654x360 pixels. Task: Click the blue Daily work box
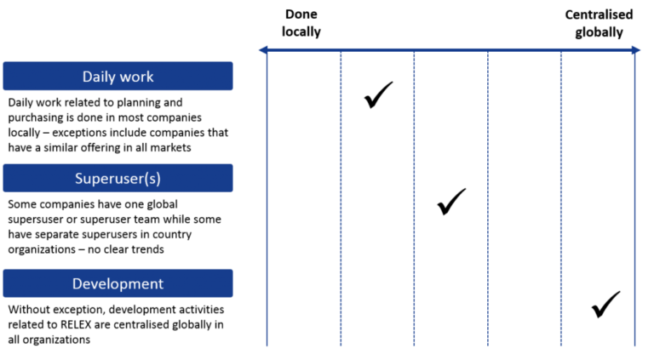coord(117,76)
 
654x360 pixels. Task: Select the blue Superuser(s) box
coord(117,178)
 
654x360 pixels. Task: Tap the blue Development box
coord(117,283)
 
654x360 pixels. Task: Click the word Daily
coord(100,77)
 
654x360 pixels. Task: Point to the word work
coord(137,77)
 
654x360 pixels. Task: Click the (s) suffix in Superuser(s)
coord(152,179)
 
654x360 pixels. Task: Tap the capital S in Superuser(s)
coord(79,178)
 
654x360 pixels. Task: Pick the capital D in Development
coord(77,283)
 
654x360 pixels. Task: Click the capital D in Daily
coord(87,77)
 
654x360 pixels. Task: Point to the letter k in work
coord(150,77)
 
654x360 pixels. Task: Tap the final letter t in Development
coord(160,283)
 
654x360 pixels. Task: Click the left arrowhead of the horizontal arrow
coord(262,50)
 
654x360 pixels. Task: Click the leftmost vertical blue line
coord(267,196)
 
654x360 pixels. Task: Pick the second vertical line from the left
coord(341,196)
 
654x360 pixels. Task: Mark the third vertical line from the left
coord(415,196)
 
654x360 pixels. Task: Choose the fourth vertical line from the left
coord(488,196)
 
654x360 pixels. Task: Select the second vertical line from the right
coord(561,196)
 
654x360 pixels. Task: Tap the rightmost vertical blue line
coord(634,196)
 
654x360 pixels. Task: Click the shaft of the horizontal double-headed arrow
coord(451,50)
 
